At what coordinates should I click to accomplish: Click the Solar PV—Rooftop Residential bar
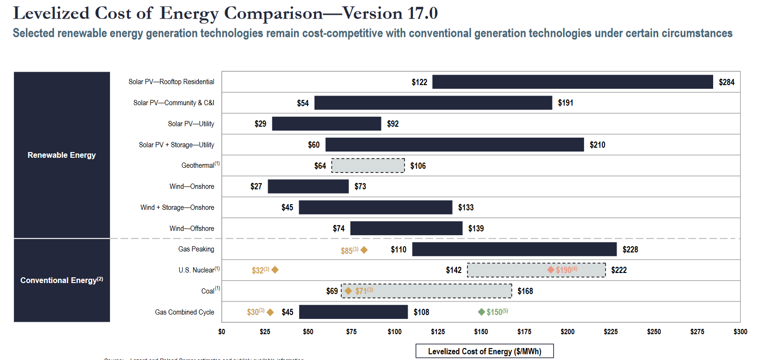pos(572,82)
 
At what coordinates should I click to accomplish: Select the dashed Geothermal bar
pos(368,165)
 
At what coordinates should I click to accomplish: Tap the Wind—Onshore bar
pos(308,186)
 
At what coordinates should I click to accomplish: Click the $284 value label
pos(727,82)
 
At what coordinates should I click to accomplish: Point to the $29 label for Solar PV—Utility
pos(261,124)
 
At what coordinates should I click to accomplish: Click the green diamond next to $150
pos(481,312)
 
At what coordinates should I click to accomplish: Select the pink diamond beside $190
pos(551,270)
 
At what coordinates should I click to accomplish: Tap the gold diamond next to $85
pos(364,250)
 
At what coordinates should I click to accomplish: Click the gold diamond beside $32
pos(275,270)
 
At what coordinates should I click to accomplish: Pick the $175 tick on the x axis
pos(524,332)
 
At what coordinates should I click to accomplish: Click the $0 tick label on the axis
pos(222,332)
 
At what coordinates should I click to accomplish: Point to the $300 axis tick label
pos(740,332)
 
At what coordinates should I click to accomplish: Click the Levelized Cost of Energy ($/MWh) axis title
pos(484,351)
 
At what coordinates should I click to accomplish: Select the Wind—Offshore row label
pos(192,229)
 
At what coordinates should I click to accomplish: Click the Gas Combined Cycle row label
pos(185,312)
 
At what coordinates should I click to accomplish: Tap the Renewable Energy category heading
pos(62,155)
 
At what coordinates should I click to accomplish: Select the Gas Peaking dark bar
pos(514,249)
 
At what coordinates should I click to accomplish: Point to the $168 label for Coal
pos(525,291)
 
